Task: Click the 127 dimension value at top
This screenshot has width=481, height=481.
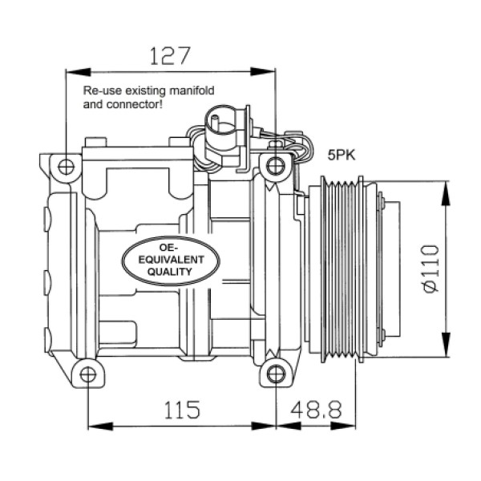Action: (171, 55)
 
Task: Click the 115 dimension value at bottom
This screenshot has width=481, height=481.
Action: (182, 410)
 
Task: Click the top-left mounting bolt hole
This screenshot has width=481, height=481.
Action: (66, 167)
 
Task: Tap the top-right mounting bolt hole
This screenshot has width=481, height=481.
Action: (276, 166)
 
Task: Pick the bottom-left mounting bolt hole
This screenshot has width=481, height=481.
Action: (87, 374)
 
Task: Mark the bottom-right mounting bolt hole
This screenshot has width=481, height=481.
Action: (276, 374)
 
